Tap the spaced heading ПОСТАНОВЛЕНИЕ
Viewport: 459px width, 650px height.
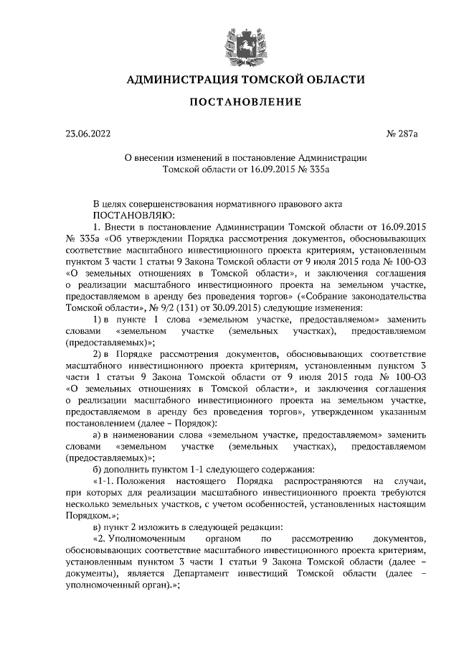229,105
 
